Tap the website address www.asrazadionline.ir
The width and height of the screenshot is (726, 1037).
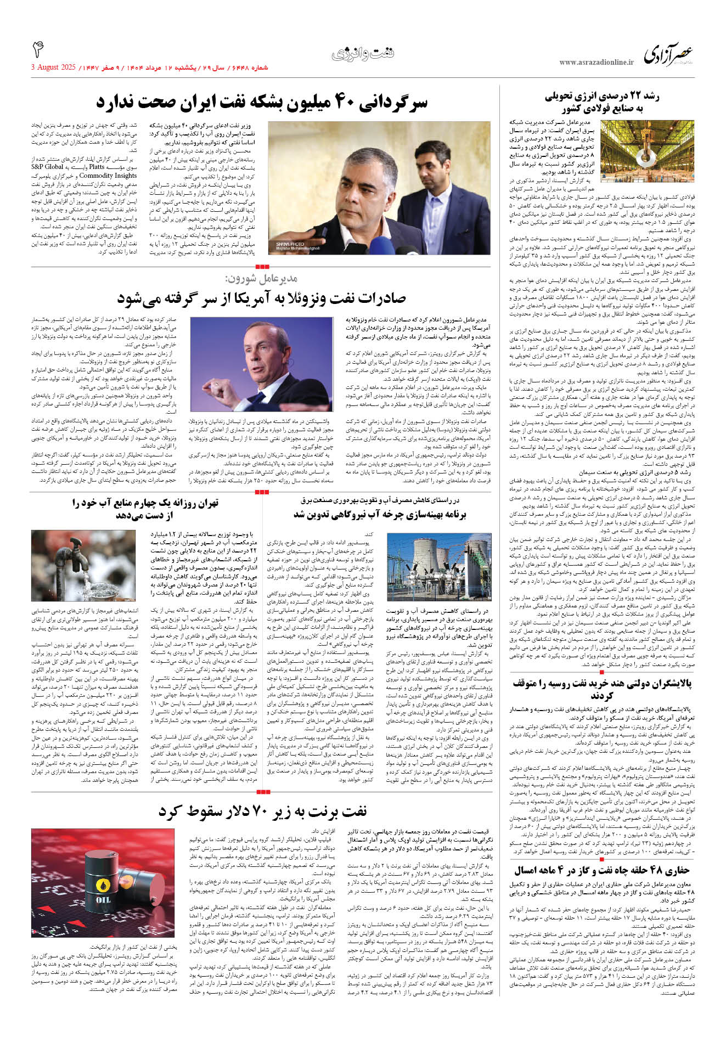click(596, 63)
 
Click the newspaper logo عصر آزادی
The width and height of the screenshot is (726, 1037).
click(668, 55)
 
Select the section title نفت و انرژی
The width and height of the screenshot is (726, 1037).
click(363, 54)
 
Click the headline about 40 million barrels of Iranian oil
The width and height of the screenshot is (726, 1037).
click(262, 103)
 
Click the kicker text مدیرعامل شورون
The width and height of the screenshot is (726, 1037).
click(261, 279)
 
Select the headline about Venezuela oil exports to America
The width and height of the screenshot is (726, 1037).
click(261, 298)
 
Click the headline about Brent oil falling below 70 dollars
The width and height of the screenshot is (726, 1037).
click(262, 811)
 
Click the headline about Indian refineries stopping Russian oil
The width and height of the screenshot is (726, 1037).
click(602, 689)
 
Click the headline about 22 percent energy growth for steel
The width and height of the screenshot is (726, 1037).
click(601, 102)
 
